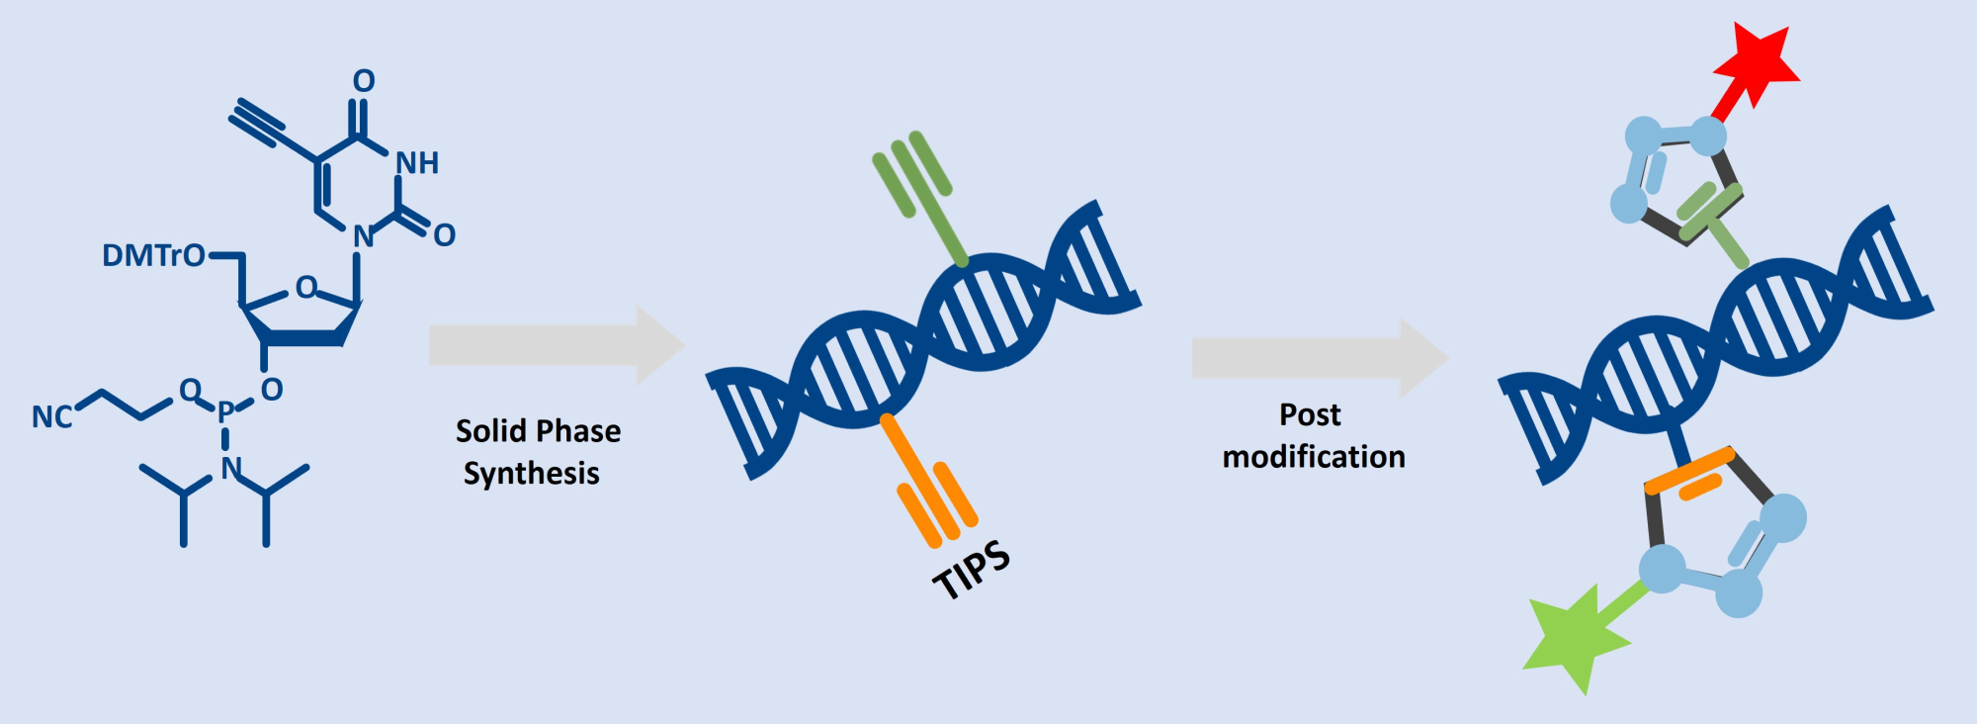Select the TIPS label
coord(972,570)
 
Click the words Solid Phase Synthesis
coord(537,452)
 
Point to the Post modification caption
coord(1313,435)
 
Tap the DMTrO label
coord(153,256)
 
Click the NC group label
coord(51,416)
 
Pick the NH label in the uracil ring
coord(416,163)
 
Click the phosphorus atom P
coord(225,410)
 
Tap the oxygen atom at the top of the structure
coord(364,81)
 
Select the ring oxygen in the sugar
coord(306,288)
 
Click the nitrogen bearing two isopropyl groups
coord(231,468)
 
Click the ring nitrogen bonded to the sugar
coord(363,236)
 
